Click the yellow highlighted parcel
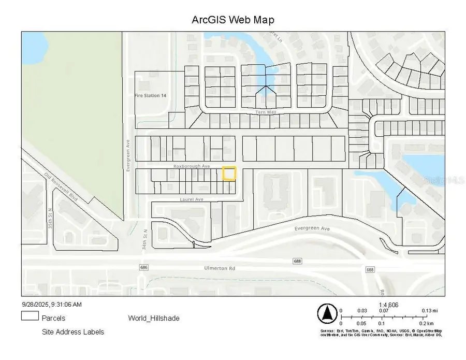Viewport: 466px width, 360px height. [229, 173]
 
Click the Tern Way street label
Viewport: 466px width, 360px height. [264, 112]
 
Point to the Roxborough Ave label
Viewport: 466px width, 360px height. [192, 166]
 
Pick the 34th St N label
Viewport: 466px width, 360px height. [145, 240]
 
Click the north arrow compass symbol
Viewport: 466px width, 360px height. [327, 313]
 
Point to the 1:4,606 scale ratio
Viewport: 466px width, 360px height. [389, 305]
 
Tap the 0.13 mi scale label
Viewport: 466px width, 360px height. [430, 311]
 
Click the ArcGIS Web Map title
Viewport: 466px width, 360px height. [233, 20]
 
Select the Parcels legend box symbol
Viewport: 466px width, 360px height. [30, 316]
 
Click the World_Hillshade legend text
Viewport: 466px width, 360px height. [154, 318]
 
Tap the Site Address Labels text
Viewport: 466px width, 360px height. [73, 332]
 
